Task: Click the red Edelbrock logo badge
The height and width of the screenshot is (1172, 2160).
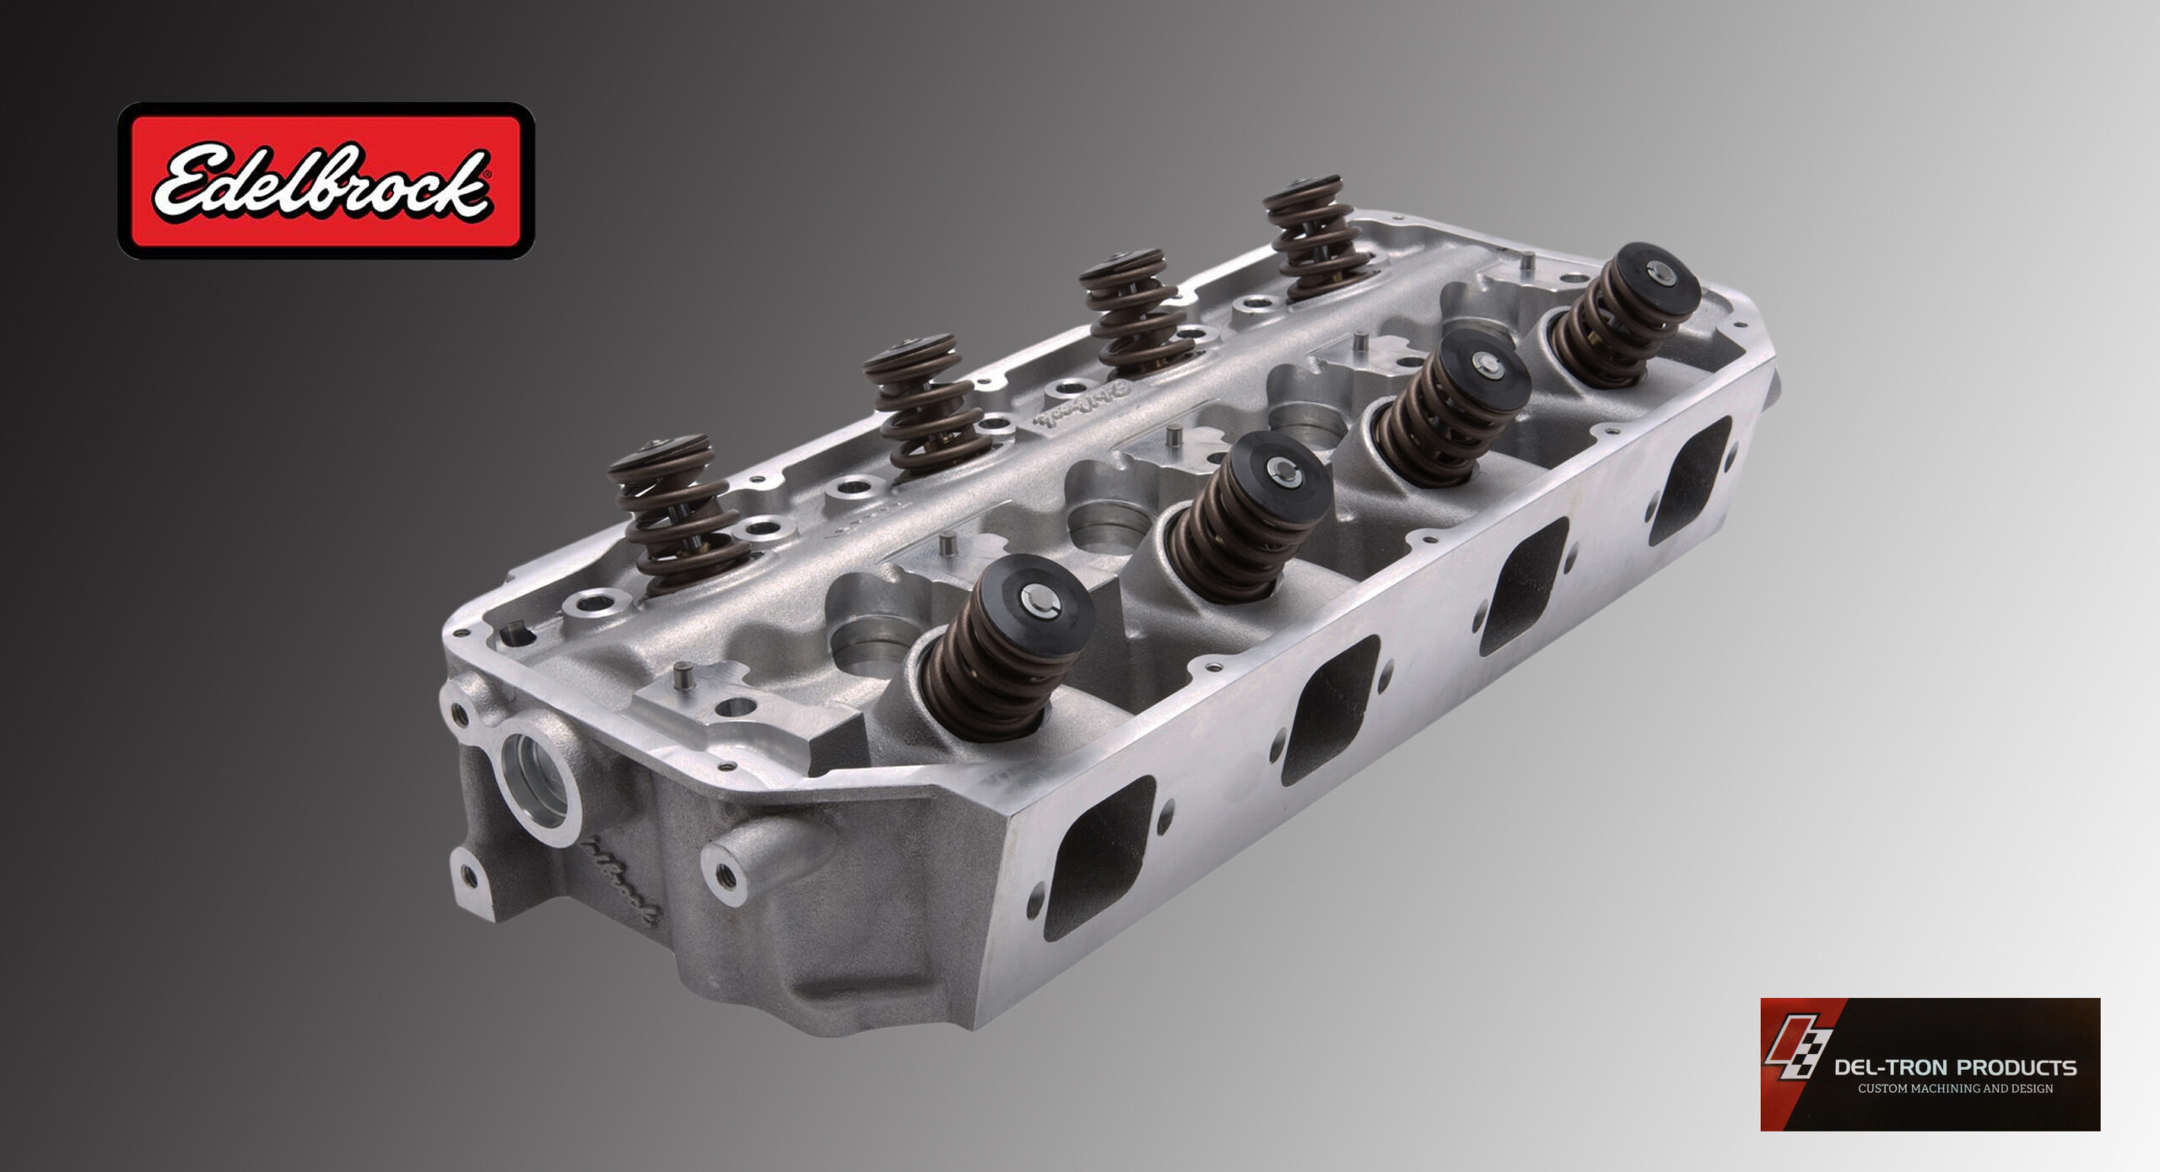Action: [x=326, y=181]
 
